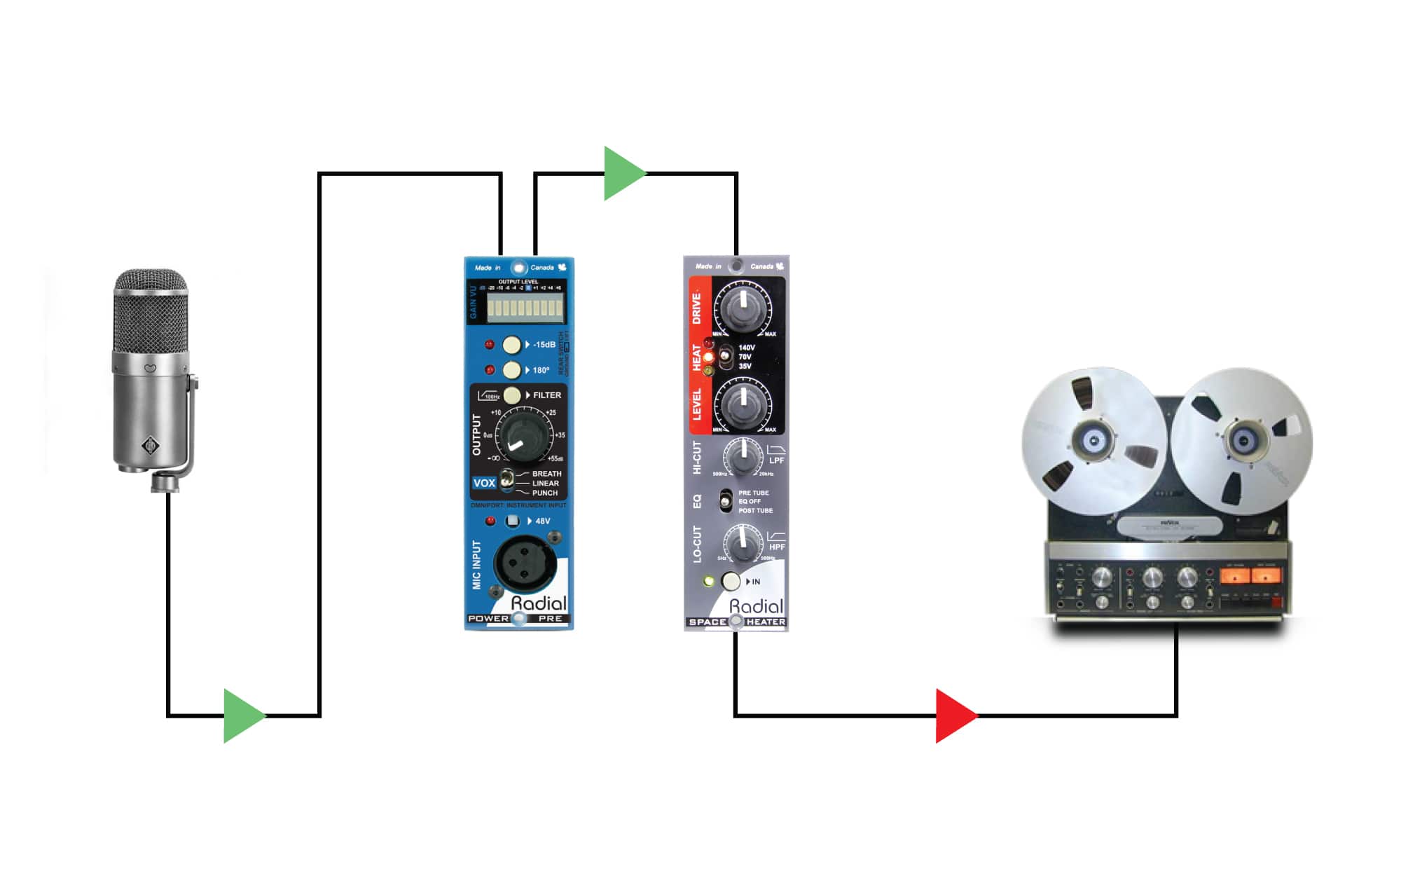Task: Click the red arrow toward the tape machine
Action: coord(954,716)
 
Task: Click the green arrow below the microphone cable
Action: coord(242,716)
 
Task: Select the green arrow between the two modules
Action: coord(623,173)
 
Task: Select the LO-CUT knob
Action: coord(743,543)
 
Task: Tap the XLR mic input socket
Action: coord(525,563)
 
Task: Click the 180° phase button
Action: coord(512,369)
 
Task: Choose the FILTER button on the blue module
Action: coord(512,395)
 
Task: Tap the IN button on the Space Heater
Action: coord(731,581)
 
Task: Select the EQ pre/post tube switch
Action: coord(726,501)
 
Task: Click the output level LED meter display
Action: coord(525,307)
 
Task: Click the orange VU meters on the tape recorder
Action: coord(1250,577)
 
